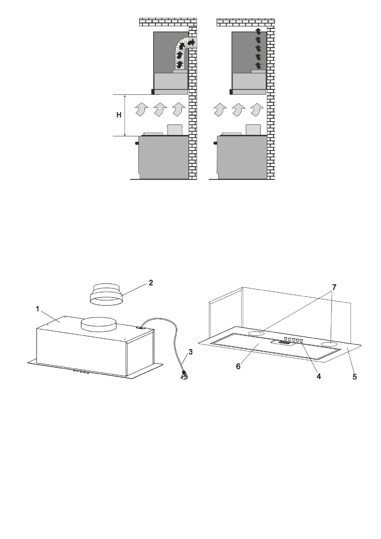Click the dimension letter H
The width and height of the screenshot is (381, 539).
pyautogui.click(x=119, y=115)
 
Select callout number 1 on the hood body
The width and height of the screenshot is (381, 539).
pyautogui.click(x=38, y=309)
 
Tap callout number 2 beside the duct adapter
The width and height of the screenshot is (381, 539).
pyautogui.click(x=151, y=283)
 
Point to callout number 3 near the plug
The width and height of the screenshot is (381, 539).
pyautogui.click(x=190, y=352)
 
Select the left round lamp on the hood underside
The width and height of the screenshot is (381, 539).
pyautogui.click(x=257, y=333)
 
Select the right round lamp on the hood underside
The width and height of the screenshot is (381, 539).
pyautogui.click(x=329, y=344)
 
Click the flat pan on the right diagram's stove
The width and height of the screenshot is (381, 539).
pyautogui.click(x=232, y=134)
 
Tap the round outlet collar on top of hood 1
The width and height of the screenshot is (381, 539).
pyautogui.click(x=99, y=325)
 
